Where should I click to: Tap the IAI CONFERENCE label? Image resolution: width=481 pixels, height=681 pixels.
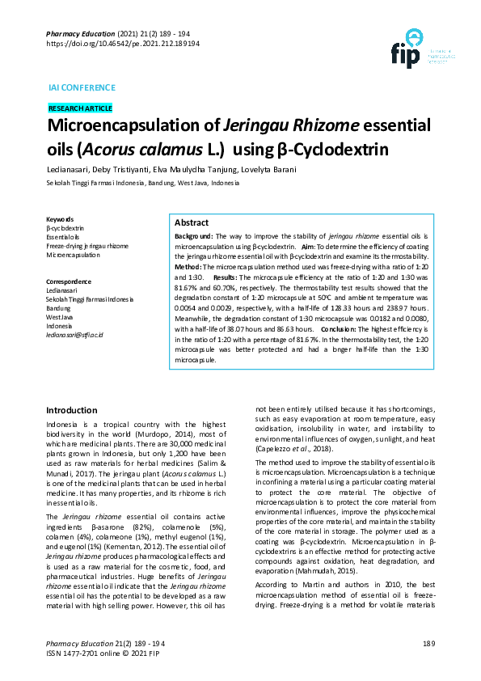(82, 87)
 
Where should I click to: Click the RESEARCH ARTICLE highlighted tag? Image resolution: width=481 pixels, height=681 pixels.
(80, 108)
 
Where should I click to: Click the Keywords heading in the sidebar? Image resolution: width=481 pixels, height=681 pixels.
(60, 219)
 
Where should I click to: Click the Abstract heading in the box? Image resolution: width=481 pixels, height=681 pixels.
(192, 222)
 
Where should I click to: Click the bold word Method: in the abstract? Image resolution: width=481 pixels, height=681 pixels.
(188, 266)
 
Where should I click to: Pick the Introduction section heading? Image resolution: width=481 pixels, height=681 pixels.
(72, 410)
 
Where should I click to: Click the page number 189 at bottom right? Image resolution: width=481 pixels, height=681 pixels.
(428, 643)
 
